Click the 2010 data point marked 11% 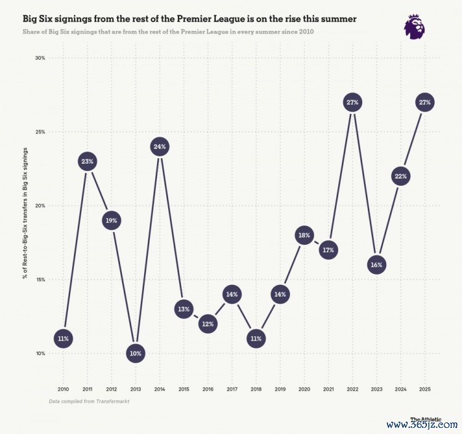coord(63,339)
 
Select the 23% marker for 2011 coord(87,162)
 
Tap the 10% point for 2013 coord(135,353)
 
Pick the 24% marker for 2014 coord(159,147)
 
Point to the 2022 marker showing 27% coord(352,103)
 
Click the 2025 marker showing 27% coord(424,103)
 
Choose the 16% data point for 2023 coord(376,265)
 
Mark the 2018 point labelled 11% coord(256,339)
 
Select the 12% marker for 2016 coord(208,324)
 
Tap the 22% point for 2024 coord(400,177)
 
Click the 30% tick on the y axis coord(40,58)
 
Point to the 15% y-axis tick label coord(40,279)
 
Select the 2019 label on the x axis coord(280,388)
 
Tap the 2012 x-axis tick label coord(111,388)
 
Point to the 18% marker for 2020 coord(304,235)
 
